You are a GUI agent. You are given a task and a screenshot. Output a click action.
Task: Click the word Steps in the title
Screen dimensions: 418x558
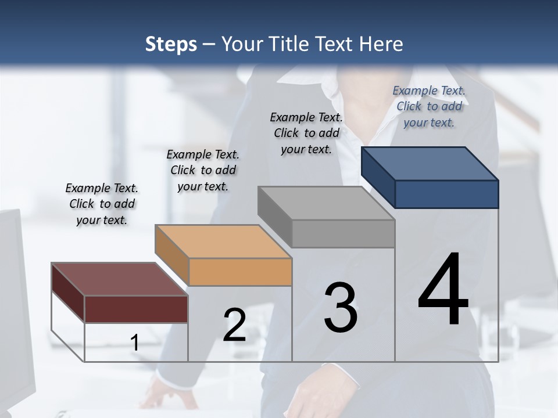click(x=171, y=44)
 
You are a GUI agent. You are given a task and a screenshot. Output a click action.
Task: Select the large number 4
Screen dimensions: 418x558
click(x=443, y=290)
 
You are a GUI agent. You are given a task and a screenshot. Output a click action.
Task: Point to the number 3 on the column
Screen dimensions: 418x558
click(x=341, y=308)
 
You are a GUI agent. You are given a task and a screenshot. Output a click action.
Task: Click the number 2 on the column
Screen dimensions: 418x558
click(x=234, y=325)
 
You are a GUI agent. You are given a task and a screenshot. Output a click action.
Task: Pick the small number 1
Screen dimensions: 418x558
click(x=135, y=343)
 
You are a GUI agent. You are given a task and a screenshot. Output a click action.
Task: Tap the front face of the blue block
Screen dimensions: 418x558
click(x=446, y=194)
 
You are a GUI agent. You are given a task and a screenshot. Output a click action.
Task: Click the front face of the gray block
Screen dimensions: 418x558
click(x=343, y=234)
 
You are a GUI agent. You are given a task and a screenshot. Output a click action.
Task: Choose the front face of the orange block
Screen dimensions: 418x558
click(x=240, y=272)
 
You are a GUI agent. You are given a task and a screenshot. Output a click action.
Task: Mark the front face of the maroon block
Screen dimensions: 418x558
click(x=136, y=309)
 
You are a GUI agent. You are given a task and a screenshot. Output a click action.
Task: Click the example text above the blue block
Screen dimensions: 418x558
click(x=429, y=106)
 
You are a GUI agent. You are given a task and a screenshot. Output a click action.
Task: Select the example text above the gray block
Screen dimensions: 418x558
click(x=306, y=133)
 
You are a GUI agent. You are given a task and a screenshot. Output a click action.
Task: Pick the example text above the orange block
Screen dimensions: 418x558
click(x=203, y=170)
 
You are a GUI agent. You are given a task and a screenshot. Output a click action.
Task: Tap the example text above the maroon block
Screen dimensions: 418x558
click(x=102, y=204)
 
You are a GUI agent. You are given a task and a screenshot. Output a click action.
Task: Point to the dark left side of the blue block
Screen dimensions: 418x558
click(x=378, y=177)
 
